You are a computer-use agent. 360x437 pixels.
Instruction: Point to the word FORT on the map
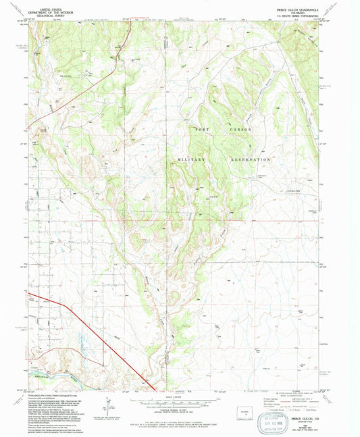[x=203, y=128]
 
